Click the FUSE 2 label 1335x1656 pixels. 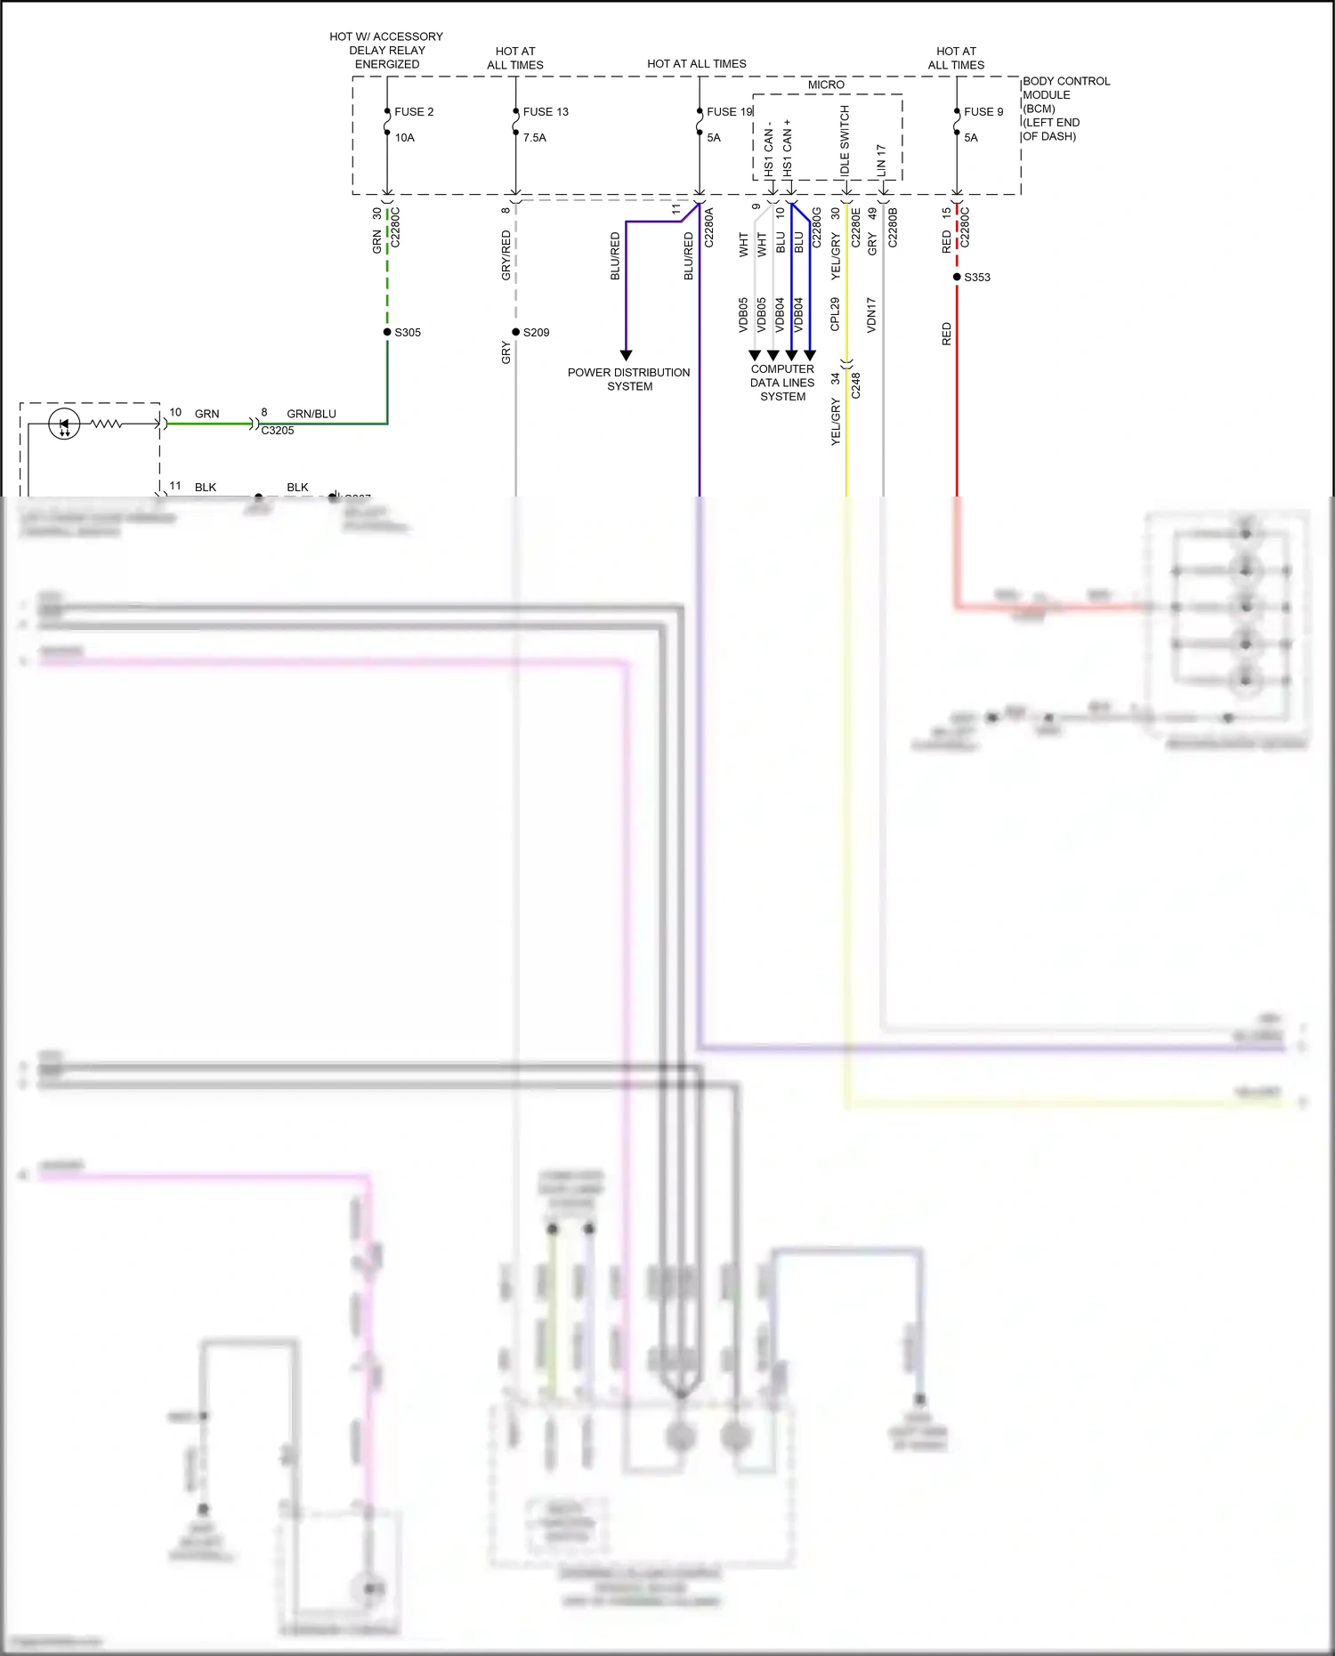coord(414,112)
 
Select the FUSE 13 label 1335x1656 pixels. coord(545,112)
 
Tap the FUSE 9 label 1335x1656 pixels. coord(983,112)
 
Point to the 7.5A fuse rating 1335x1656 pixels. coord(534,138)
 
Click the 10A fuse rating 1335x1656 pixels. coord(404,138)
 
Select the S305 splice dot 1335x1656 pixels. coord(387,332)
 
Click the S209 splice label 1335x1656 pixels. coord(536,333)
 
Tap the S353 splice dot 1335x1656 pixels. coord(957,277)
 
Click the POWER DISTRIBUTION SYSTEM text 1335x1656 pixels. coord(628,379)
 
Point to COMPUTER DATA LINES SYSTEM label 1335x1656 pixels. coord(782,383)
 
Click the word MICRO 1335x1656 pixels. coord(826,85)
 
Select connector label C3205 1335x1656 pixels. coord(277,431)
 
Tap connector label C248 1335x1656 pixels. coord(856,385)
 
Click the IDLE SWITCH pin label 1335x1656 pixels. coord(845,141)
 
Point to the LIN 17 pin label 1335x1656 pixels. coord(881,158)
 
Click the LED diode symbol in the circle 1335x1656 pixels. coord(64,424)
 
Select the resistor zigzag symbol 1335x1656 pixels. coord(107,424)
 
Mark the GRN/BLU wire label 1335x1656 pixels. coord(311,414)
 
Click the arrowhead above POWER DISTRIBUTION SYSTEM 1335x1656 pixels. coord(626,355)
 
